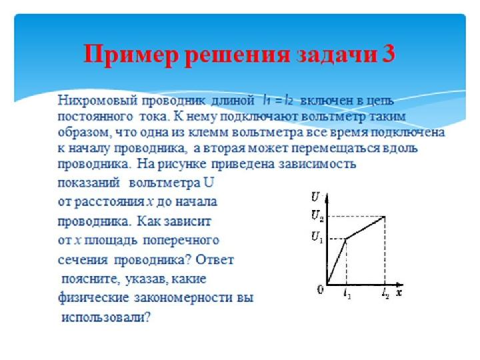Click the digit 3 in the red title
[388, 54]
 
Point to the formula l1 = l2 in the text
[277, 101]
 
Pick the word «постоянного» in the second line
[95, 117]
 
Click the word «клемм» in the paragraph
[208, 132]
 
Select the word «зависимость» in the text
[317, 164]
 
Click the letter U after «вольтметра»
[208, 183]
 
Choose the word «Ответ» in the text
[215, 260]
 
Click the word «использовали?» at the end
[106, 317]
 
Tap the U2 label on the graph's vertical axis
[317, 215]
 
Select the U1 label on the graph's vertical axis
[317, 236]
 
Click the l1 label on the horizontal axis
[347, 294]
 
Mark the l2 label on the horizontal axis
[385, 294]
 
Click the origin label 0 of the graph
[320, 289]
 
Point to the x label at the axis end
[399, 293]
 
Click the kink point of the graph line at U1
[346, 239]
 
